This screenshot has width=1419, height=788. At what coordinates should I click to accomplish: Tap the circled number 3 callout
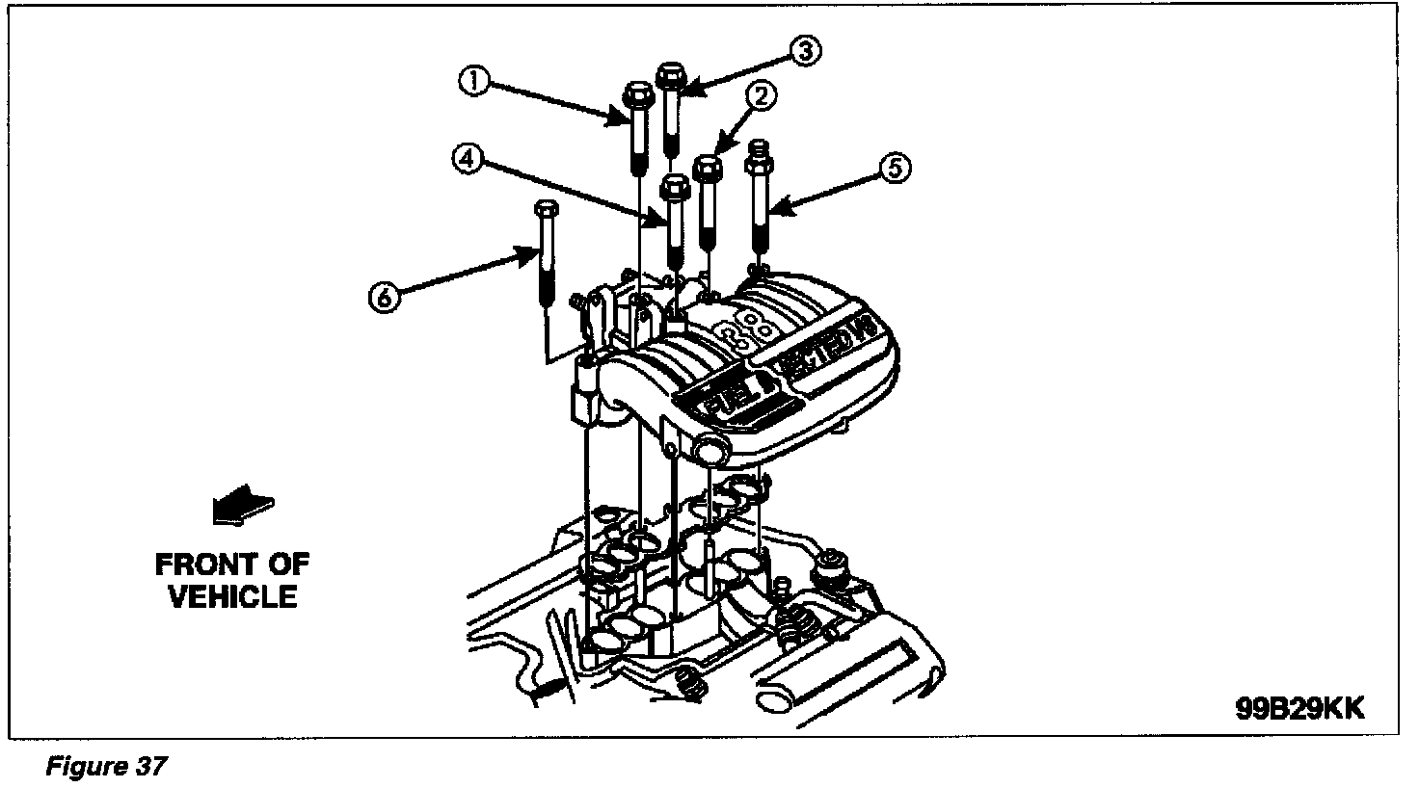806,51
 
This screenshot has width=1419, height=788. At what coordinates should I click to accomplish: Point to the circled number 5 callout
895,169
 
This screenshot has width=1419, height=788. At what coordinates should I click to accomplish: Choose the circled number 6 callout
384,298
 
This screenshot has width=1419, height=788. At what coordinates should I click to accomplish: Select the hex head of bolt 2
709,168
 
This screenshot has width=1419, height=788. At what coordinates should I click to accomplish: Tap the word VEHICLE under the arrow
232,596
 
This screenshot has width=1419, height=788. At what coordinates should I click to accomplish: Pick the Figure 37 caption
107,767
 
